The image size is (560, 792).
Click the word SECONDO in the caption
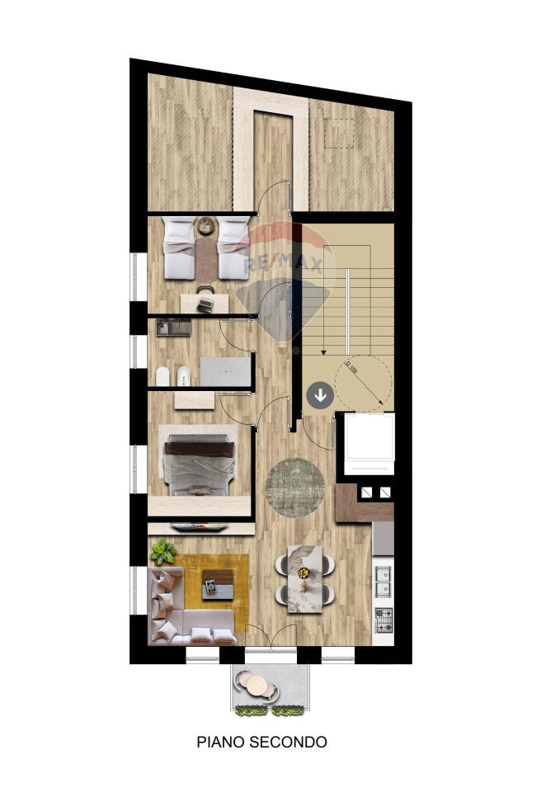tap(289, 742)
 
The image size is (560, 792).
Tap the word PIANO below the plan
tap(221, 742)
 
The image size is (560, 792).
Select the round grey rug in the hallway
tap(296, 488)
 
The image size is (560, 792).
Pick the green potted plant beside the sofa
tap(162, 551)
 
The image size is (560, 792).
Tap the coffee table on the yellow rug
tap(218, 584)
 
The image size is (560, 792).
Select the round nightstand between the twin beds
tap(205, 225)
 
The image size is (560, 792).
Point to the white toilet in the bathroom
tap(162, 377)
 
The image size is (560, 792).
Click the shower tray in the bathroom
tap(225, 371)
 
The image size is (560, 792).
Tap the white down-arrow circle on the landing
tap(320, 395)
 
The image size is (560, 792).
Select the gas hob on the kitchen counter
tap(384, 620)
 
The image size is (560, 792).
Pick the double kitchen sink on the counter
tap(384, 581)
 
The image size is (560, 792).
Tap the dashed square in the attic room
tap(339, 133)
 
